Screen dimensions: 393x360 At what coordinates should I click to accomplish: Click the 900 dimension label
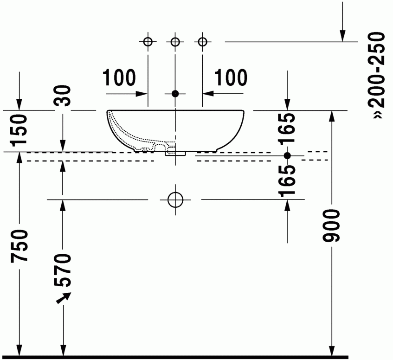point(331,226)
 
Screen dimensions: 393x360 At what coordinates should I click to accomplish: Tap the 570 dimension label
point(63,270)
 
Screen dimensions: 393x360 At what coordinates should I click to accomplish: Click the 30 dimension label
point(63,96)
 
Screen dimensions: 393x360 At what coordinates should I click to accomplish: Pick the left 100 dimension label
point(119,77)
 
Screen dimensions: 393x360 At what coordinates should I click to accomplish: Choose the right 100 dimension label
point(231,77)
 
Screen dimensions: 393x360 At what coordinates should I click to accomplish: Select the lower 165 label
point(287,181)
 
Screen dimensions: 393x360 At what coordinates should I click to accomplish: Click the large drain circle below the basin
point(175,199)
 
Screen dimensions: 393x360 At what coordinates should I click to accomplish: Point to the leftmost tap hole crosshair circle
point(148,42)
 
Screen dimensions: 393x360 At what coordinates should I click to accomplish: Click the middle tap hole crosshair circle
point(175,42)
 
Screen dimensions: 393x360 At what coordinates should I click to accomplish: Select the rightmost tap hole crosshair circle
point(202,42)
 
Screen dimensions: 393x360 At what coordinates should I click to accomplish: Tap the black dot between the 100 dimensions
point(175,94)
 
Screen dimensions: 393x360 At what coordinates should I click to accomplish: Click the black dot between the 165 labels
point(287,155)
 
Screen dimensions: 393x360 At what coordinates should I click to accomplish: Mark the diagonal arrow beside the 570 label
point(64,298)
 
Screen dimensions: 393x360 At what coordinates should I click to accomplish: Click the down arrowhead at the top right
point(342,36)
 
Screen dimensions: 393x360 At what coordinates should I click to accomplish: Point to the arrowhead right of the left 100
point(141,94)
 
